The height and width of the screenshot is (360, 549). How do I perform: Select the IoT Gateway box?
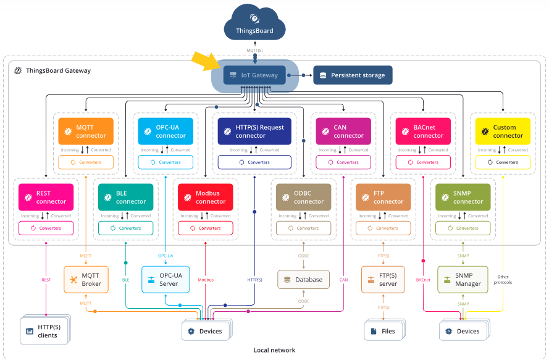coord(254,75)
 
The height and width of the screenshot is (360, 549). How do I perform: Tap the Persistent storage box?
coord(353,75)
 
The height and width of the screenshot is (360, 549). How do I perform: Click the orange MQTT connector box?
coord(86,132)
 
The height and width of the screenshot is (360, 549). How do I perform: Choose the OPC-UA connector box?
coord(166,132)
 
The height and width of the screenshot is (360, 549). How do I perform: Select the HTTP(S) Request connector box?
coord(254,132)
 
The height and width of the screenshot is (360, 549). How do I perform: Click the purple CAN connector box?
coord(344,132)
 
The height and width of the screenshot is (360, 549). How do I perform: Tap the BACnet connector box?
coord(424,132)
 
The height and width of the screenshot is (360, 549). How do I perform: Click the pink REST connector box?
coord(46,197)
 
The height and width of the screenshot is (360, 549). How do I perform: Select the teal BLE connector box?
coord(126,197)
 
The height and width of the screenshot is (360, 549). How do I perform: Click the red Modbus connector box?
coord(206,197)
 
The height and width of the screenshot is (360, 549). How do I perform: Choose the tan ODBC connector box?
coord(304,197)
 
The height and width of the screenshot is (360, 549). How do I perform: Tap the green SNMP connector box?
coord(463,197)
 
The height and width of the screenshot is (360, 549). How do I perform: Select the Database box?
coord(303,280)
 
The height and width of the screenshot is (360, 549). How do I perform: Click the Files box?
coord(383,331)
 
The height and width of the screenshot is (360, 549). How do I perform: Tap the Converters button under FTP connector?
coord(383,228)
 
